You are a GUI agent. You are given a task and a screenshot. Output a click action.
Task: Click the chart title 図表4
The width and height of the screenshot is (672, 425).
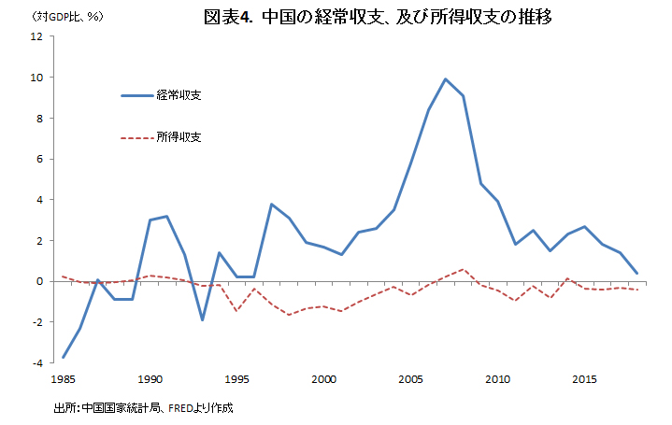pos(227,18)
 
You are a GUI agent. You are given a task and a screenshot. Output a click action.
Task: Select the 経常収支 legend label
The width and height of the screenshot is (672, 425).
pos(179,95)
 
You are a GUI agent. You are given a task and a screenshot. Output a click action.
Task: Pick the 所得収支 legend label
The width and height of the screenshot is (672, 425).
pos(179,137)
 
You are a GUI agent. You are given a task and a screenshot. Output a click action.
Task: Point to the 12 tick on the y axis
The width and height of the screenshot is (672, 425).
pos(36,36)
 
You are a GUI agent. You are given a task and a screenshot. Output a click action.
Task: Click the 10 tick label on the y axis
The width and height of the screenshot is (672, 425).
pos(36,78)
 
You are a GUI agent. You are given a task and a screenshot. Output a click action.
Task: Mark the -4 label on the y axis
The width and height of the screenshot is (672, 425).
pos(37,362)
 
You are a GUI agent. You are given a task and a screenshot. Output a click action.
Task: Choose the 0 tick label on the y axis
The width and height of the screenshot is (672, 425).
pos(40,281)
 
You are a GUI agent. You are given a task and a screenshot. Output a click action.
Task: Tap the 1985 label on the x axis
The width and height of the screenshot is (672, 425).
pos(63,379)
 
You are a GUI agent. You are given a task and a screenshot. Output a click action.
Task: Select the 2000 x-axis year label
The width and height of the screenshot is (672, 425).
pos(324,379)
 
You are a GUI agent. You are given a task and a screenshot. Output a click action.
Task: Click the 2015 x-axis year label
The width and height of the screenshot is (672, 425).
pos(584,379)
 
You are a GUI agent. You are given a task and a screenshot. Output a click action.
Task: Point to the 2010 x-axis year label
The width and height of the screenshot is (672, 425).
pos(497,379)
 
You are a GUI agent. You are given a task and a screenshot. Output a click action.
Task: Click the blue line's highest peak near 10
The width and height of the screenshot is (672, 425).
pos(445,79)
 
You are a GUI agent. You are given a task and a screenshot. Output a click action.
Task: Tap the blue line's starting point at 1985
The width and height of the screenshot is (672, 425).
pos(64,357)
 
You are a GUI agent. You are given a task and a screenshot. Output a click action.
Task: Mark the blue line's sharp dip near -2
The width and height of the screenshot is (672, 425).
pos(202,320)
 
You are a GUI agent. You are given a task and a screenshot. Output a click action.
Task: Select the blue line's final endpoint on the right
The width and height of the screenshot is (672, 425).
pos(636,273)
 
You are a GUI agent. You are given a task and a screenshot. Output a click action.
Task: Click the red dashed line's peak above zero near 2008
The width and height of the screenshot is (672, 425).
pos(463,270)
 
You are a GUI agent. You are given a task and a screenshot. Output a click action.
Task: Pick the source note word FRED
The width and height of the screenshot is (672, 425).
pos(180,408)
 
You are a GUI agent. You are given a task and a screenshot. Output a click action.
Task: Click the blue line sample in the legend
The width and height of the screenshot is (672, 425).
pos(136,95)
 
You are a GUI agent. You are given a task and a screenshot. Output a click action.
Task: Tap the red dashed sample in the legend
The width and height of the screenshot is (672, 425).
pos(136,138)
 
